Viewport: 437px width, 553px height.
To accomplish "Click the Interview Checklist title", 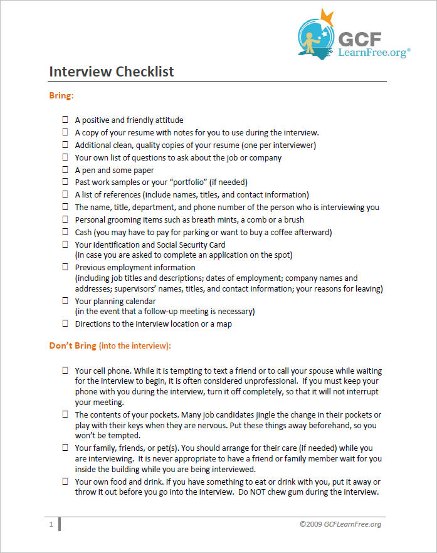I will (x=112, y=71).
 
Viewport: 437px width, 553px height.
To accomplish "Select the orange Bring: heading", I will (x=61, y=96).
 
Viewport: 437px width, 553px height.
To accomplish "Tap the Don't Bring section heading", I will (x=110, y=345).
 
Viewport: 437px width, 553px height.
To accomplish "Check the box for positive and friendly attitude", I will (x=65, y=120).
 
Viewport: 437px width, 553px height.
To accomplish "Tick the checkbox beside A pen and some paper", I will (x=65, y=170).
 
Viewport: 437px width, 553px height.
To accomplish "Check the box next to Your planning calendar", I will (x=65, y=301).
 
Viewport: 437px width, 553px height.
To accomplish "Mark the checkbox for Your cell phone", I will (x=65, y=371).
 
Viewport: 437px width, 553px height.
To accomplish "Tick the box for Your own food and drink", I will (x=65, y=482).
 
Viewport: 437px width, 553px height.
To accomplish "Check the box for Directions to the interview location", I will (x=65, y=324).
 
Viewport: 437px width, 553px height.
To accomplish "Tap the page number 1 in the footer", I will (x=51, y=524).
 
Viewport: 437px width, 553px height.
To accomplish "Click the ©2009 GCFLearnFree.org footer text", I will (x=340, y=524).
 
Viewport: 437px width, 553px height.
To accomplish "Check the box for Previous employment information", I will (x=65, y=267).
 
